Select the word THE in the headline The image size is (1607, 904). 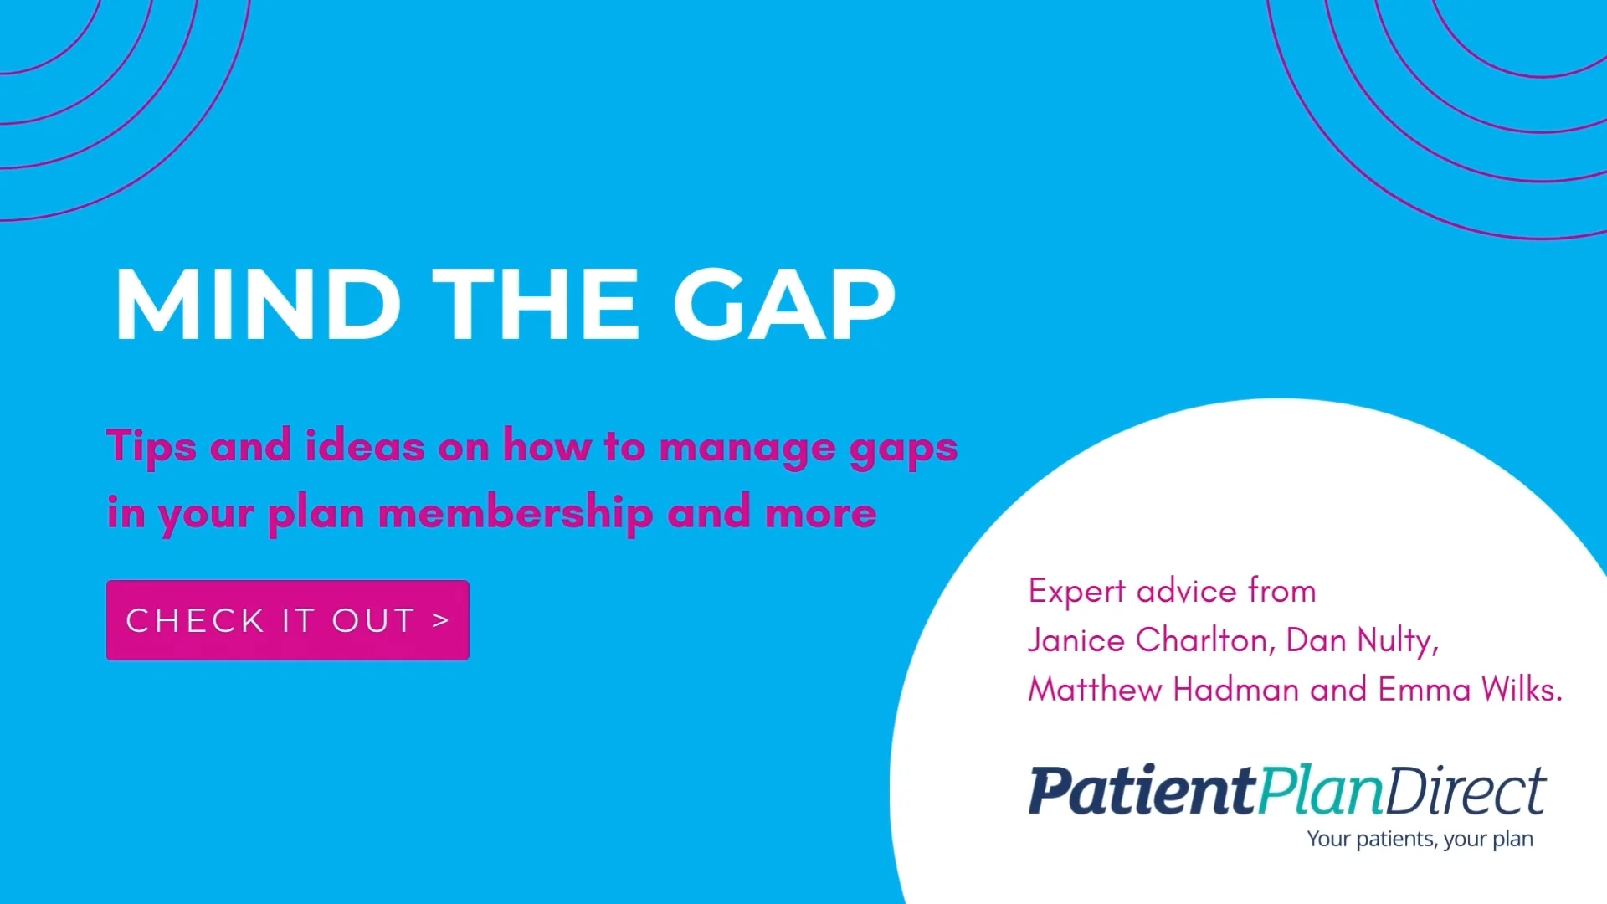point(536,305)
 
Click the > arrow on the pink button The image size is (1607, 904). point(441,620)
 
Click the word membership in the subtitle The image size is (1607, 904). point(515,513)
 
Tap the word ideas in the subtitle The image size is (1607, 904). point(364,446)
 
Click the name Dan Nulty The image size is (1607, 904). point(1361,640)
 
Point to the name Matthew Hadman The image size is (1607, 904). point(1164,690)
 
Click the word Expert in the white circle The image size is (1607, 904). point(1076,592)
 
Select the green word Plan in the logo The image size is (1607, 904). point(1320,791)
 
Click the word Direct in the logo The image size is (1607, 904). point(1466,791)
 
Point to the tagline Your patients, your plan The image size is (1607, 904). point(1420,839)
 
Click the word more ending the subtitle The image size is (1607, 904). point(820,513)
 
